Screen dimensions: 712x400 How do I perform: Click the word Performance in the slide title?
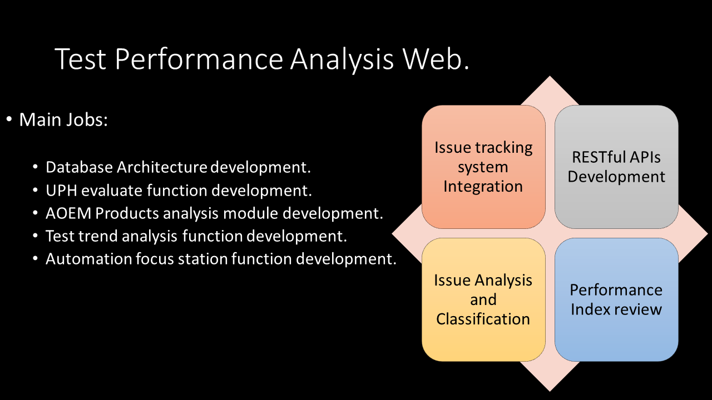point(199,59)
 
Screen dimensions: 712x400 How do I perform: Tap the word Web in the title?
point(432,59)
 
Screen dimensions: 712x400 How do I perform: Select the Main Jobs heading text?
point(63,120)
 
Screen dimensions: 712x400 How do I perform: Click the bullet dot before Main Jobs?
point(9,119)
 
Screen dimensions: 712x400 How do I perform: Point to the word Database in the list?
point(79,167)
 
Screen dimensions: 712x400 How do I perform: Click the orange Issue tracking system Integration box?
point(483,167)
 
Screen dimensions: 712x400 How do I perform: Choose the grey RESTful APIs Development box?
point(616,167)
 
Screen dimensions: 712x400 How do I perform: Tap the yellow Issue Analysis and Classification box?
point(483,299)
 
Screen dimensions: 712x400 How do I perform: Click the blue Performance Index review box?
point(616,299)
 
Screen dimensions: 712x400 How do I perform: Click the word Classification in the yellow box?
point(483,319)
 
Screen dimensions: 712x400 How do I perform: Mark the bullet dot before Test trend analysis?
point(35,236)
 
